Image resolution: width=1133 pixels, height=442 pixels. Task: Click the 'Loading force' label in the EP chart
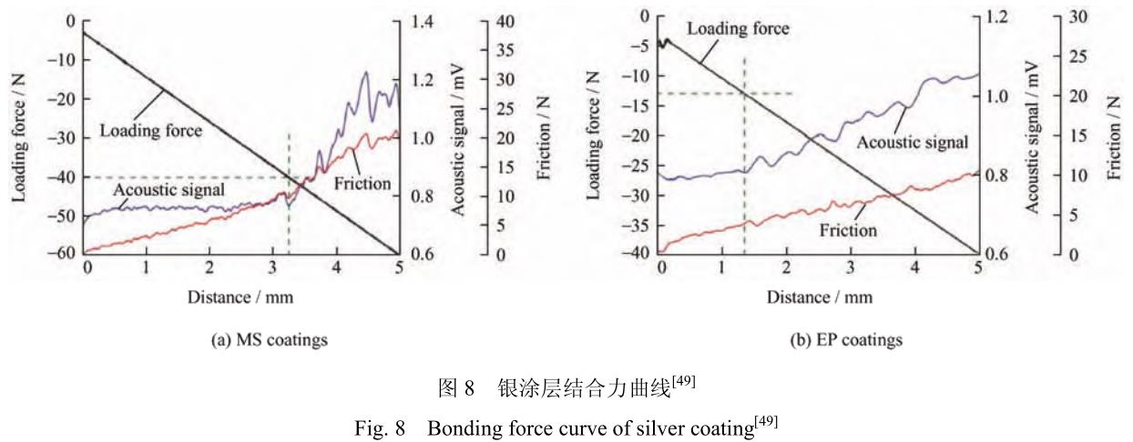pos(738,29)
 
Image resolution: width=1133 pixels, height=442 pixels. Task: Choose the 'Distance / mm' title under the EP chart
pos(819,296)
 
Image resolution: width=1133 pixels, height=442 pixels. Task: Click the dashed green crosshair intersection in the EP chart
pos(745,94)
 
